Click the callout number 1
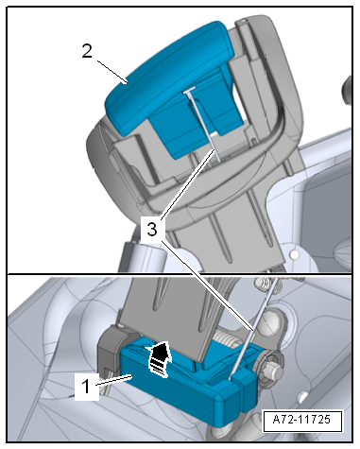[x=86, y=386]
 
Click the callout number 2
[x=87, y=51]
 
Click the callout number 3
[x=152, y=229]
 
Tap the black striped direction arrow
[x=158, y=358]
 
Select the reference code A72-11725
[x=301, y=420]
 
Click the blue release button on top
[x=168, y=76]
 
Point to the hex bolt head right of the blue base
[x=270, y=370]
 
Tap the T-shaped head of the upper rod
[x=189, y=91]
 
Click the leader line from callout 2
[x=112, y=72]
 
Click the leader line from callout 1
[x=113, y=380]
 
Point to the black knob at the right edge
[x=347, y=90]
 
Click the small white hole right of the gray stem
[x=295, y=254]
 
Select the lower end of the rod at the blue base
[x=231, y=377]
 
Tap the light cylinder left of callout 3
[x=144, y=256]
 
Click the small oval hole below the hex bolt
[x=303, y=395]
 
